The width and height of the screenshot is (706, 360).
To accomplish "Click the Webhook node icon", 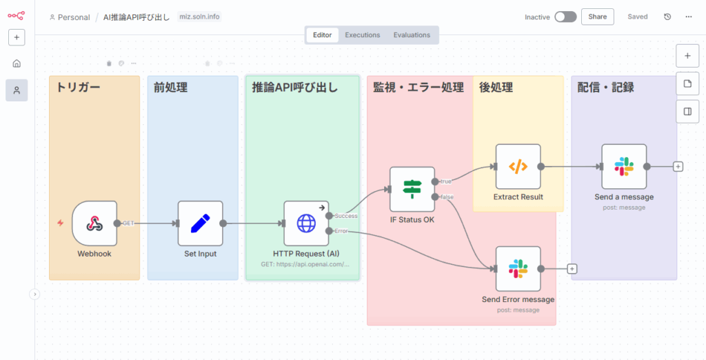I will pos(94,223).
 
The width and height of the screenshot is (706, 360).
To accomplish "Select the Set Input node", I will pos(201,223).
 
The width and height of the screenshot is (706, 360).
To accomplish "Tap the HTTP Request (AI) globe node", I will pos(306,223).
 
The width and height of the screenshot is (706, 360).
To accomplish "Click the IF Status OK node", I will pos(412,189).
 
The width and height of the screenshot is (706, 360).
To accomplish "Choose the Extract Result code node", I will pos(518,166).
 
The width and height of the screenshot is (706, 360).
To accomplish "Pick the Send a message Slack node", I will pos(624,166).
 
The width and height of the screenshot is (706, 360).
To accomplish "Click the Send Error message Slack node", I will pos(518,269).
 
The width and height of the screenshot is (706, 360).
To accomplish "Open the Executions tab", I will pos(363,35).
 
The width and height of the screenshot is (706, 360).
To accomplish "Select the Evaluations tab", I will pos(412,35).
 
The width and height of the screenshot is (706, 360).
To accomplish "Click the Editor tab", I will pos(322,35).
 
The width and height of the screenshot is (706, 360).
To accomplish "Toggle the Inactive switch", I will pos(565,17).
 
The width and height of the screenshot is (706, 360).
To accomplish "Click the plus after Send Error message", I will pos(572,269).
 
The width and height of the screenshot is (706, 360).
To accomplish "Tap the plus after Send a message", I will pos(678,166).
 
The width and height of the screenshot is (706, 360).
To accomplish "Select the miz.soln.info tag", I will pos(199,17).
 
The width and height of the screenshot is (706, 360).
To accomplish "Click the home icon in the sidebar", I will pos(17,63).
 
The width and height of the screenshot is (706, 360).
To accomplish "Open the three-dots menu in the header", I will pos(689,17).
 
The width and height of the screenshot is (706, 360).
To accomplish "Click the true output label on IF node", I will pos(446,181).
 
